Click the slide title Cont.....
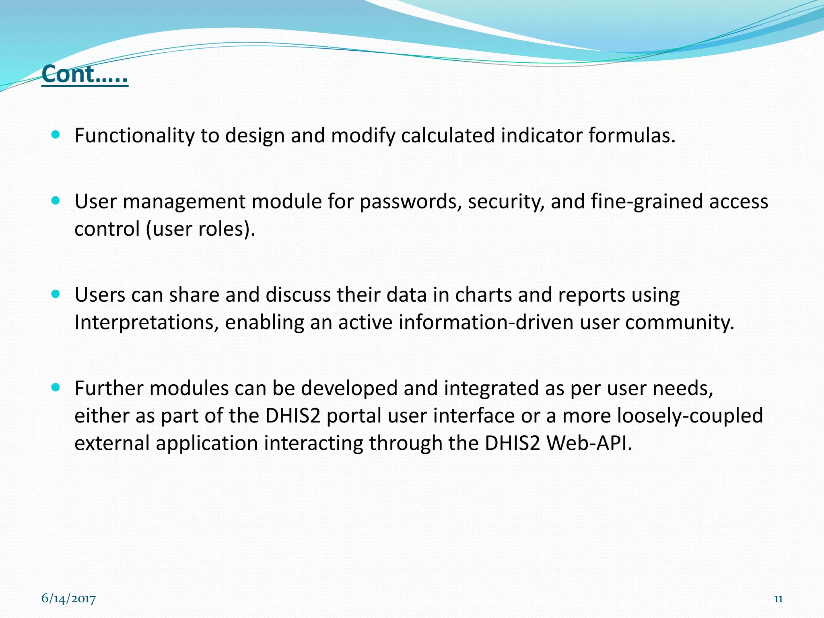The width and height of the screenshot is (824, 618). coord(84,74)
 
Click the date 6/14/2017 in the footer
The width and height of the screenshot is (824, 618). coord(68,599)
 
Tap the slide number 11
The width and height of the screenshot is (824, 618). coord(778,599)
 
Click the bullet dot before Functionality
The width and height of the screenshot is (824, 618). coord(56,134)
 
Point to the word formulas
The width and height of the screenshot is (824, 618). coord(632,136)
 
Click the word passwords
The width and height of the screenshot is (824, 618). coord(410,202)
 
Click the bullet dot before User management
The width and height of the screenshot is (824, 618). coord(56,200)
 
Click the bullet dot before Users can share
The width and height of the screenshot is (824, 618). coord(56,294)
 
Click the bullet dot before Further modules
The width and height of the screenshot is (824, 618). coord(56,387)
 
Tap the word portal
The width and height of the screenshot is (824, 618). coord(354,416)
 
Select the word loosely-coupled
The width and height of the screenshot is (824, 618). coord(690,416)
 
